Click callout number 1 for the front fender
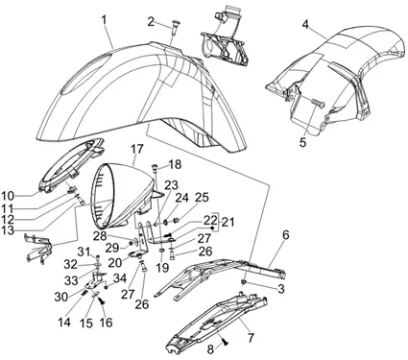click(x=104, y=20)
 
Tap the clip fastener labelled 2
click(x=173, y=27)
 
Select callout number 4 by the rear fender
click(x=306, y=25)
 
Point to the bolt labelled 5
click(x=318, y=103)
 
